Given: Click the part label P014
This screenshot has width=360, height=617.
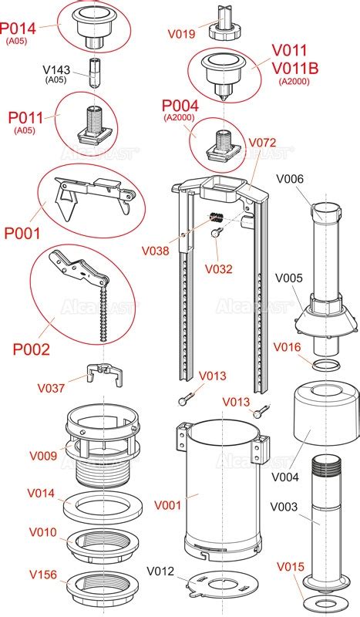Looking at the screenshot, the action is point(18,29).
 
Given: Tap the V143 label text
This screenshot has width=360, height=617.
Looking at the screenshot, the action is point(56,70).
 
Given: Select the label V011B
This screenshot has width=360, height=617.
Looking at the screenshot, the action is point(295,69).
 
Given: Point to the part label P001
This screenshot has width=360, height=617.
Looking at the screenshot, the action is point(22,234).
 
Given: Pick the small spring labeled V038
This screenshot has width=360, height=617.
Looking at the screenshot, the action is point(216,217).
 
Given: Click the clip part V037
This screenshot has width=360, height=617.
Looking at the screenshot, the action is point(105,374).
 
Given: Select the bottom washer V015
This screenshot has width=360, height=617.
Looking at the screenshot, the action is point(327,604).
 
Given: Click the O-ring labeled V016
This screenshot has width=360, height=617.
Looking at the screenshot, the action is point(326,365).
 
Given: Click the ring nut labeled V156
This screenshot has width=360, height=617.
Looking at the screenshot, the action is point(103,584).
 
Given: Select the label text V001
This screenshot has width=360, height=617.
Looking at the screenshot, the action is point(167,505).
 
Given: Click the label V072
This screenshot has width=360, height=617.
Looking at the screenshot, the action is point(262,143).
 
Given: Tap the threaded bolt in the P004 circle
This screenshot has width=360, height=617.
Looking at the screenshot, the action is point(224,144).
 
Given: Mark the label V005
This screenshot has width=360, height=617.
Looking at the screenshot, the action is point(289,278).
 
